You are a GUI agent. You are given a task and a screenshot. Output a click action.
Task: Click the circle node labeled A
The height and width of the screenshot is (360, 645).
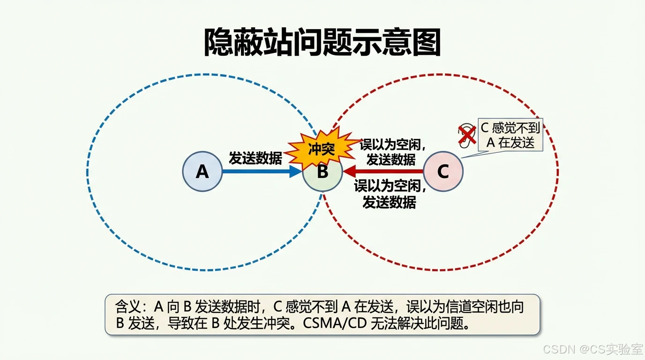tap(202, 172)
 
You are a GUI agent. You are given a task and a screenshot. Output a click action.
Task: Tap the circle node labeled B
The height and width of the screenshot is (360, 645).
tap(322, 172)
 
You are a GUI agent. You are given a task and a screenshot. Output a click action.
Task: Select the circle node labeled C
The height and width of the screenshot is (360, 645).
tap(443, 172)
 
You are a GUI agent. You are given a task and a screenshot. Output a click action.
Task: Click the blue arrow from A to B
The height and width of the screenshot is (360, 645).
tap(261, 172)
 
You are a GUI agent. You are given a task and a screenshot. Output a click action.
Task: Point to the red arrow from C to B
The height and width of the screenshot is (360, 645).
tap(384, 172)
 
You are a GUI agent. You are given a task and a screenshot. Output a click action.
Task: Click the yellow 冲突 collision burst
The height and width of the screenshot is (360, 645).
tap(322, 149)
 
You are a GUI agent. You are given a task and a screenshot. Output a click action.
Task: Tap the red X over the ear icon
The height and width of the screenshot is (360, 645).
tap(466, 135)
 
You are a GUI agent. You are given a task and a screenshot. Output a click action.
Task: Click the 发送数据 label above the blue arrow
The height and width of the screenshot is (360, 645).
tap(255, 158)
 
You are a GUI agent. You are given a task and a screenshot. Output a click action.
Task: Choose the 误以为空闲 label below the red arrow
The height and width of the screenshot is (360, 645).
tap(390, 186)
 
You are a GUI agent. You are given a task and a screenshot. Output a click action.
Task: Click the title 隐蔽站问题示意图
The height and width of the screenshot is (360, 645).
tap(322, 43)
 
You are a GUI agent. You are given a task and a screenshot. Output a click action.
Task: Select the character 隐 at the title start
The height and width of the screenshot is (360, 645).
tap(219, 43)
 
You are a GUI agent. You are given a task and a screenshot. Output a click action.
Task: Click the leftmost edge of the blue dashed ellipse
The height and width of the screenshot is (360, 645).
tap(87, 172)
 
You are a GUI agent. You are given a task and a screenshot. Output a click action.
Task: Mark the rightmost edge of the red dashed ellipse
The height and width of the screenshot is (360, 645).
tap(558, 172)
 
